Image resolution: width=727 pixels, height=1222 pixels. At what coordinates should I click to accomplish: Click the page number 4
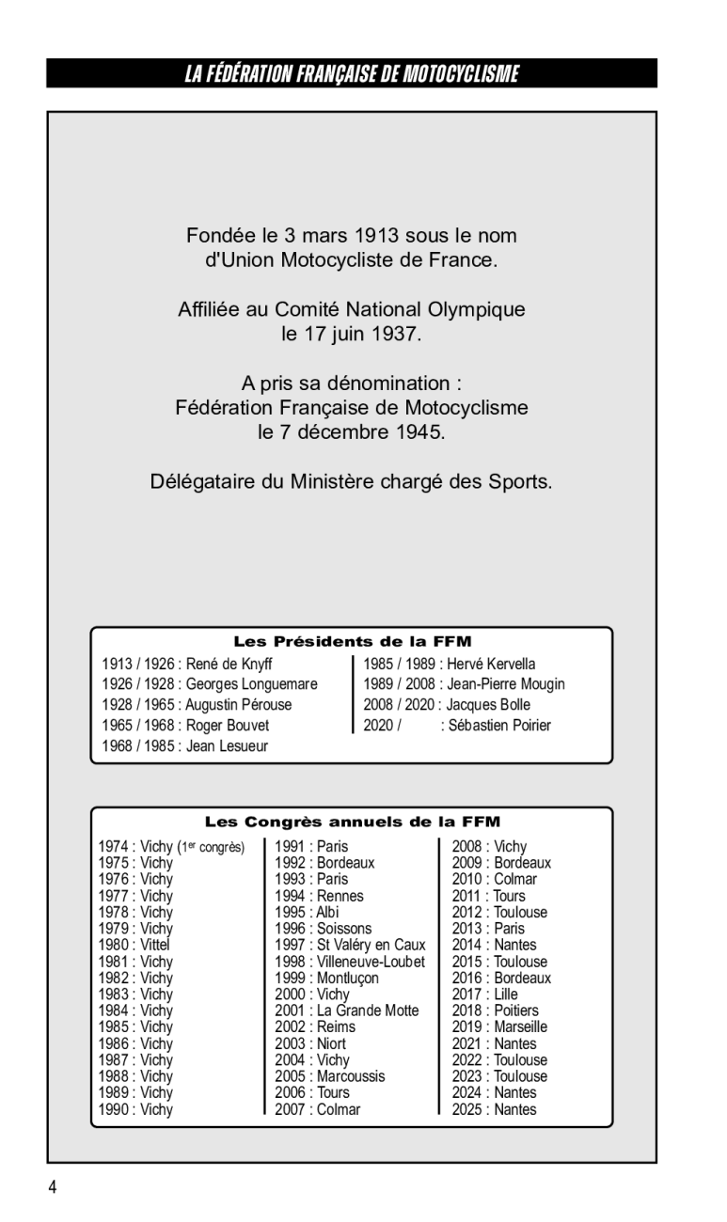[53, 1187]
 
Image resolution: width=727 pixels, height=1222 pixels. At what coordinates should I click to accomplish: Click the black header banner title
[351, 74]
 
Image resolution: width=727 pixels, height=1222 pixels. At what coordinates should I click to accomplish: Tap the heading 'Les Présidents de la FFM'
[352, 642]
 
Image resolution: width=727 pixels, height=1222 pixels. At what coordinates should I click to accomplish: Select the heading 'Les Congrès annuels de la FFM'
[352, 822]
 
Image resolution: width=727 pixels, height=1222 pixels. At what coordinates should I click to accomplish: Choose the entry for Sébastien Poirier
[496, 726]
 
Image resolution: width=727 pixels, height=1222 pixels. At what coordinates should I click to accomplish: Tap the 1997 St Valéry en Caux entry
[350, 945]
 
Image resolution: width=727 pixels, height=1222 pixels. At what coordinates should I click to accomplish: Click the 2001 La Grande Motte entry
[346, 1010]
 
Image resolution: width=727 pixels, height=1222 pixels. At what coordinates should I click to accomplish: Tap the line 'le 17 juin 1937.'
[351, 334]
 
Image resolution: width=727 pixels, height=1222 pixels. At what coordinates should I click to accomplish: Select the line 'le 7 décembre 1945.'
[351, 432]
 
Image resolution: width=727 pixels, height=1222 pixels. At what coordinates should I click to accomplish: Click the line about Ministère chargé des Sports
[351, 482]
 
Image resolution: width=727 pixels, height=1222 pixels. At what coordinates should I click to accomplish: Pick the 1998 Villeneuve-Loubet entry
[350, 962]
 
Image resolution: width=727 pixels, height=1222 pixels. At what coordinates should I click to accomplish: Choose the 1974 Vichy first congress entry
[170, 847]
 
